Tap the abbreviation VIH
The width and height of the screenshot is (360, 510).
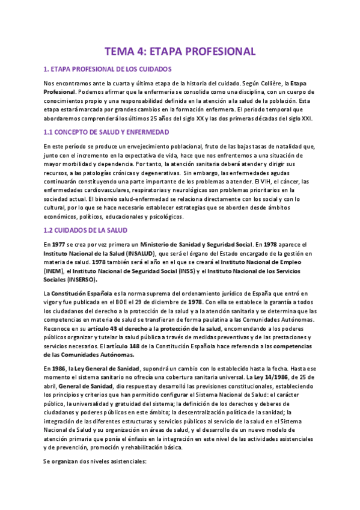pos(262,181)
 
